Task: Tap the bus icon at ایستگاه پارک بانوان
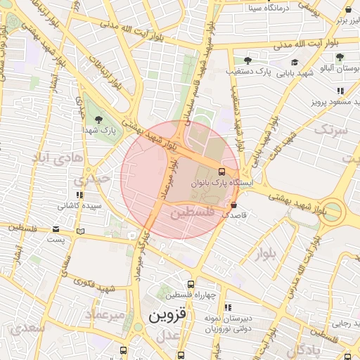tap(222, 172)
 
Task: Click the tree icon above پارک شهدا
tap(98, 120)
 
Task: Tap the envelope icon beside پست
tap(56, 229)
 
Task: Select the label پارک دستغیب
tap(249, 72)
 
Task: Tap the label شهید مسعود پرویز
tap(337, 102)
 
